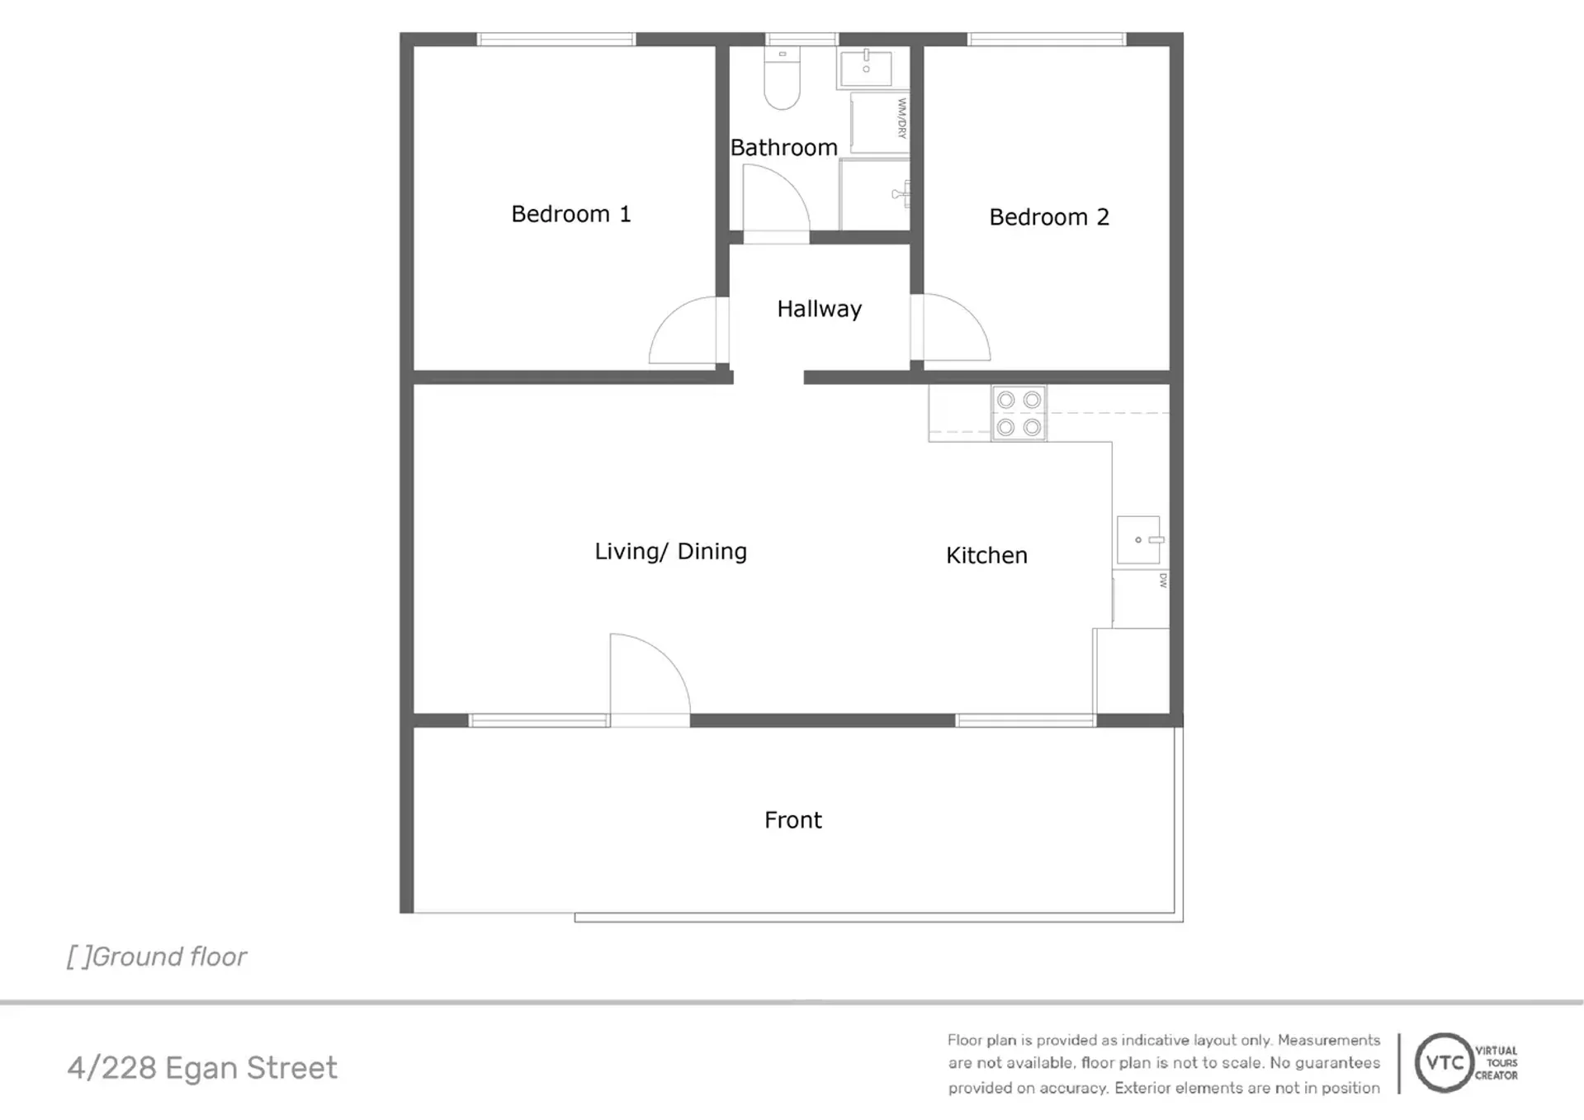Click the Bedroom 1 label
571,214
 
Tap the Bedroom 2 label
1049,217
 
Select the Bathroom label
784,148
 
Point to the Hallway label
820,310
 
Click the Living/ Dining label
671,552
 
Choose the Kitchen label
986,556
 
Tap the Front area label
793,820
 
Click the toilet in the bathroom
782,78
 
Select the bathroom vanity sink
865,68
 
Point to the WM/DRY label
902,118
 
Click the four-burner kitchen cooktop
1019,413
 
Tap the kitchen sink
1139,540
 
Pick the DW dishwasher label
1163,581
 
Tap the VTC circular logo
1445,1063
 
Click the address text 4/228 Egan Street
202,1068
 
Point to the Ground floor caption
157,956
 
